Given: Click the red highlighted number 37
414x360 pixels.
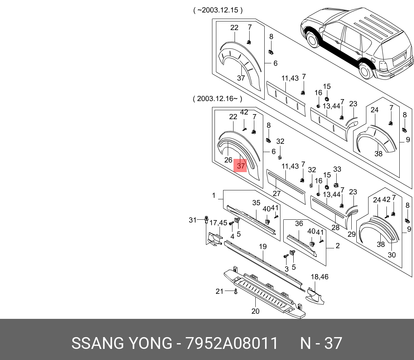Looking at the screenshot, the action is tap(241, 166).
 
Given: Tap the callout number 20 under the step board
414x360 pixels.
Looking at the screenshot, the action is tap(255, 311).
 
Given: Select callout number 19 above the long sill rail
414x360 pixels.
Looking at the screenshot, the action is tap(263, 247).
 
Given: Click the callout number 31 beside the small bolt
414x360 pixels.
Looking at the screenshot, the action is tap(193, 220).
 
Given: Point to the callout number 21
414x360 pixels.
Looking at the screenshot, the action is tap(220, 291).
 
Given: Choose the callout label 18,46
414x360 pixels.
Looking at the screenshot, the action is tap(319, 277).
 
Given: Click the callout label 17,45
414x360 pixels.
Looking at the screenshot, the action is tap(218, 223).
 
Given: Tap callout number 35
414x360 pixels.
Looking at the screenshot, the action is tap(256, 203).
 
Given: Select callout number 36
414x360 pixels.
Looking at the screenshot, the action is tap(299, 224).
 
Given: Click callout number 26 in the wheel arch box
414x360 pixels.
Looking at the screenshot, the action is tap(228, 160).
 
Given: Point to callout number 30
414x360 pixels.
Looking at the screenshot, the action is tap(392, 255).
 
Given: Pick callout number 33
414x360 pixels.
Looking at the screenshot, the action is tap(337, 169).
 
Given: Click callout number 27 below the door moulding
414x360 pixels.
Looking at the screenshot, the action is tap(276, 194).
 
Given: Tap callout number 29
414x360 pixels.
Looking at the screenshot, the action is tap(352, 234).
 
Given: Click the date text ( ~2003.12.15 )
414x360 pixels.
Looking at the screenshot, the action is tap(218, 10).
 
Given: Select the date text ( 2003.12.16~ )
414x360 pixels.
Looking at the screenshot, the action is tap(217, 99).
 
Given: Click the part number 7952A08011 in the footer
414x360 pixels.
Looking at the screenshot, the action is tap(231, 344).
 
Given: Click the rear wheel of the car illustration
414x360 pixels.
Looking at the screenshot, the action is tap(365, 70).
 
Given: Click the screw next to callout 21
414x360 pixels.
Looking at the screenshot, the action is tap(235, 292).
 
